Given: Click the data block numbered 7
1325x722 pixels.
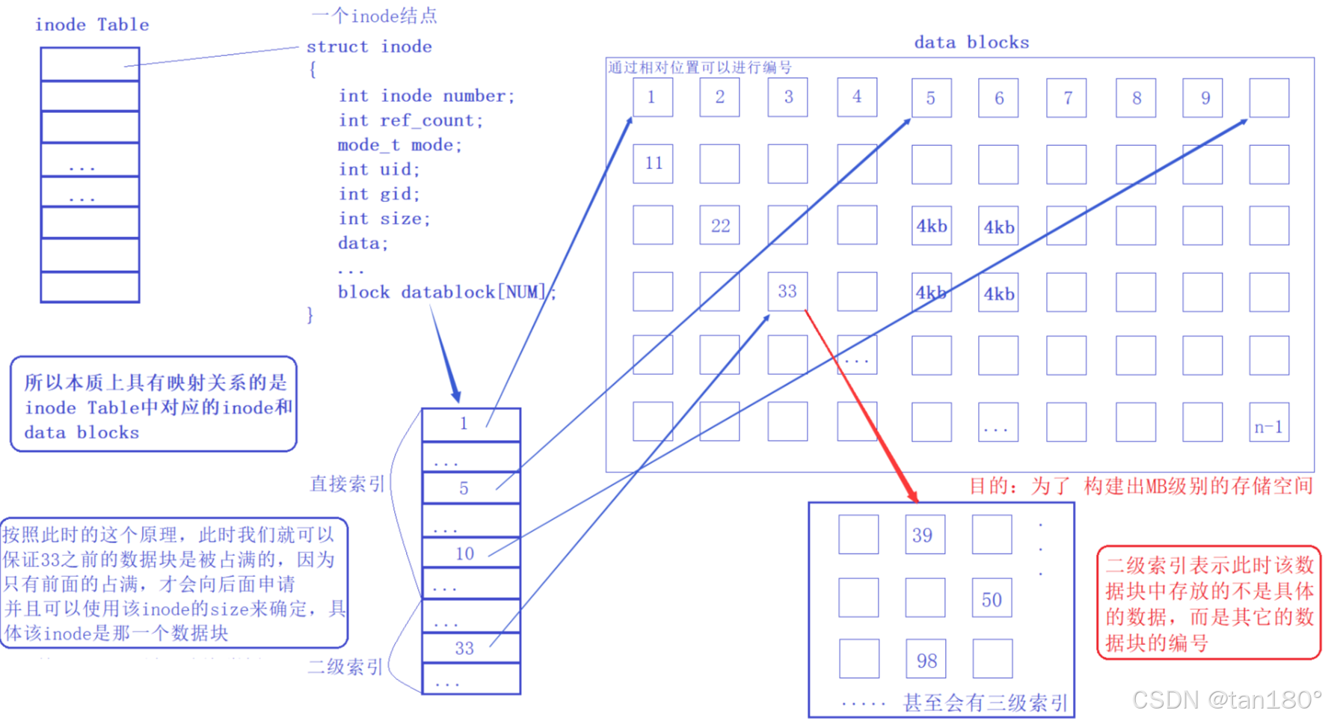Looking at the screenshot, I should click(1067, 98).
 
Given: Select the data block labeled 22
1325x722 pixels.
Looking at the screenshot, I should click(719, 225).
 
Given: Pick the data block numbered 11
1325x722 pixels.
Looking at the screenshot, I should click(653, 164).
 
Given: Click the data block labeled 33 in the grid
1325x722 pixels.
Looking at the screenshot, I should click(787, 291).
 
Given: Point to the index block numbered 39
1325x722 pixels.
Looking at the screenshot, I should click(924, 534).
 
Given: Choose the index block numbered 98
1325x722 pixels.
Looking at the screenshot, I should click(926, 659).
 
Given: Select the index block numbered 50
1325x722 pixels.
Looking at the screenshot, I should click(992, 598).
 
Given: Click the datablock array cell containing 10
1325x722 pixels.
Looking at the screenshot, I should click(471, 553).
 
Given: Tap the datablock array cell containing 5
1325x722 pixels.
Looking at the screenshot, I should click(471, 488).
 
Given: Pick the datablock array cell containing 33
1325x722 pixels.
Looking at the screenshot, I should click(471, 648).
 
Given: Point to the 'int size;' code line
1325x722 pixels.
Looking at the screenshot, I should click(384, 218).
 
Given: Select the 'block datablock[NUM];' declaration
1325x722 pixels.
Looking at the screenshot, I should click(446, 292).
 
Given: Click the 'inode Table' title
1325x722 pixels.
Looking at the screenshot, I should click(92, 25).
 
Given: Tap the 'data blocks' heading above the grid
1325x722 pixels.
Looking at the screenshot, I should click(971, 43).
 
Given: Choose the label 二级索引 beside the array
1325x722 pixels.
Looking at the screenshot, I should click(345, 667).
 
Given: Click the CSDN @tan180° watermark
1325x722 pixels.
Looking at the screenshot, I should click(1226, 700).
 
